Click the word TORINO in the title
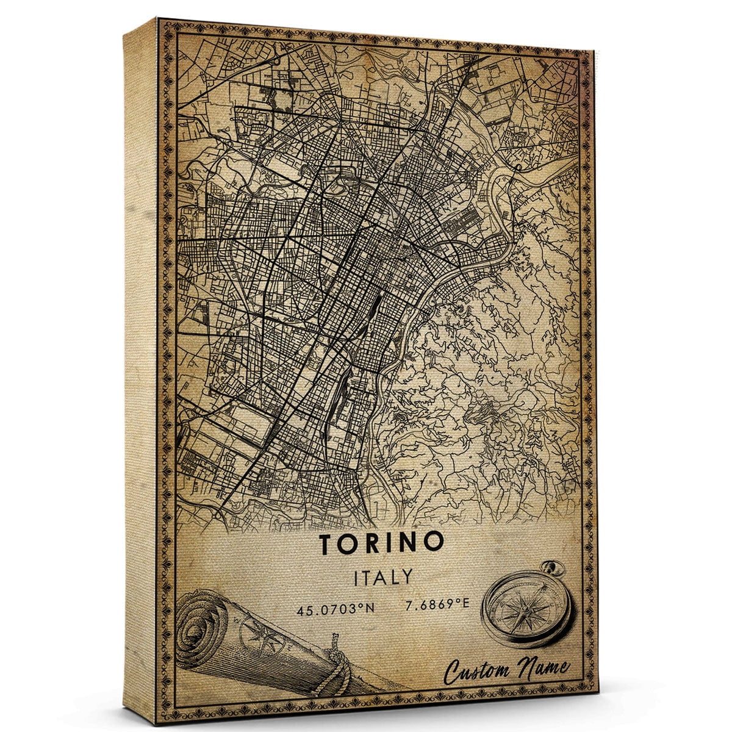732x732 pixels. click(381, 543)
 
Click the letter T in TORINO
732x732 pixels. click(327, 544)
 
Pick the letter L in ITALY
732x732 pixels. click(393, 577)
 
